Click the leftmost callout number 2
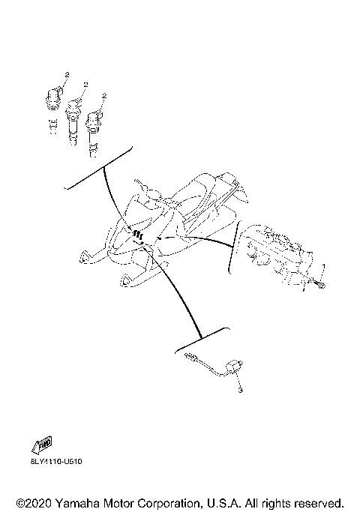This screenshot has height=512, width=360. [66, 74]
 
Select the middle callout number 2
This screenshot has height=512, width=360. [86, 86]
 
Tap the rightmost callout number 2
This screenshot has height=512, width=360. [105, 95]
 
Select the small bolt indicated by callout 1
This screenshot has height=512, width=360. [319, 283]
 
